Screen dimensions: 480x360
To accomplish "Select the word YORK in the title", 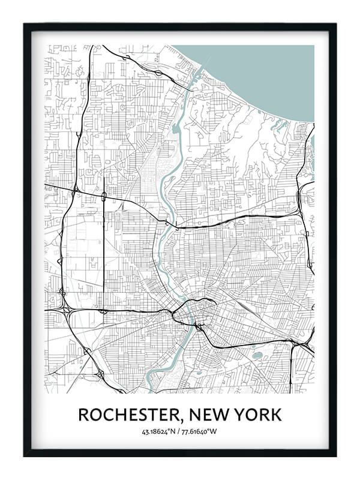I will (x=257, y=415).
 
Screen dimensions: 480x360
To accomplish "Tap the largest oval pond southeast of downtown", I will (x=258, y=355).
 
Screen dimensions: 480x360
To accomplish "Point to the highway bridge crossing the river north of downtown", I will (x=168, y=224).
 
